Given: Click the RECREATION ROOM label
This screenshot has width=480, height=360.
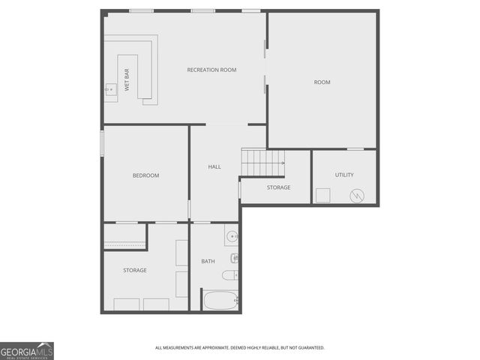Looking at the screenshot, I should coord(211,70).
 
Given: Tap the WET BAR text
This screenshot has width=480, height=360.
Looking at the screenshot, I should coord(127,79).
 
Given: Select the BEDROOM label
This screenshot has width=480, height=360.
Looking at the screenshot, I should coord(145,175).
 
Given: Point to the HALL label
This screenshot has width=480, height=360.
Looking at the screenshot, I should coord(214,166).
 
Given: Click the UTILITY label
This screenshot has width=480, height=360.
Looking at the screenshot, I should coord(344,175).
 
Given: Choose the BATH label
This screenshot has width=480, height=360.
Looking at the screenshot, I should coord(208,261).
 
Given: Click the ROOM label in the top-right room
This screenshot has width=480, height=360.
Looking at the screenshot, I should coord(322,82).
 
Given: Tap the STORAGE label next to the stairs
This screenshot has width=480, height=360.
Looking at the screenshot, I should coord(278,187).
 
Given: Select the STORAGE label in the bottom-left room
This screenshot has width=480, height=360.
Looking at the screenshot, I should coord(135,270).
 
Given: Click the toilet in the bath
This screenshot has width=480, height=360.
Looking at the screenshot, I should coord(230,275).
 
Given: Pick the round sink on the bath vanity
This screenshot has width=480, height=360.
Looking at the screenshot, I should coord(231,237).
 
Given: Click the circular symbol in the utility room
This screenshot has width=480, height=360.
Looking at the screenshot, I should coord(357,196).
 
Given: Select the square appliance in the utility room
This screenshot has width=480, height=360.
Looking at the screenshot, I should coord(322,195).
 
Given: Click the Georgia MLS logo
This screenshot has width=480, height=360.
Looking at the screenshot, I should coord(27,351).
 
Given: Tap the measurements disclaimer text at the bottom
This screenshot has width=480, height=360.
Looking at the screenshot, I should coord(239,348).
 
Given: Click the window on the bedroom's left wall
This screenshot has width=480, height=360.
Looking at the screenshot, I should coord(103,143).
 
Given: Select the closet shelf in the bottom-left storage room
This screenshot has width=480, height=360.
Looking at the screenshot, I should coord(124,244).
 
